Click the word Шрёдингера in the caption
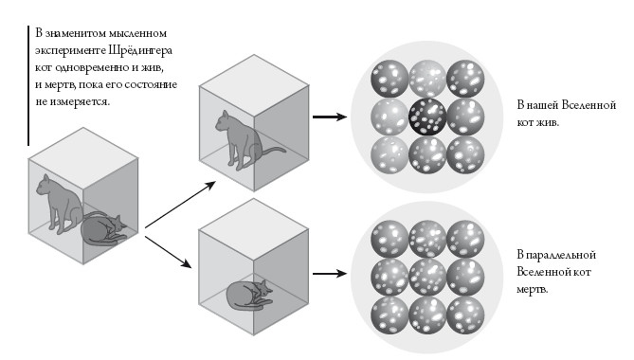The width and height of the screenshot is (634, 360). tap(140, 51)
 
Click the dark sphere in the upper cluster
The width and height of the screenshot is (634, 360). tap(427, 117)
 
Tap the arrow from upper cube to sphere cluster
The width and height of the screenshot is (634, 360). tap(330, 117)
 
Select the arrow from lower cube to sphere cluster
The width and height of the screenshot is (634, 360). tap(330, 274)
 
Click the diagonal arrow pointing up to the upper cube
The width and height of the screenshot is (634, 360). tap(180, 205)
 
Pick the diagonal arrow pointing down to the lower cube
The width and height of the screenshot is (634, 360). tap(168, 252)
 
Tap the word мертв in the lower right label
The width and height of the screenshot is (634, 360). tap(532, 290)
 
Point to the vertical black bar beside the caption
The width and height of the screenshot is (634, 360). tap(28, 85)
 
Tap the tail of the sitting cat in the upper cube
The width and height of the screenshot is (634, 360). tap(274, 152)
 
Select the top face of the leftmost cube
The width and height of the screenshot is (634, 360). tap(83, 158)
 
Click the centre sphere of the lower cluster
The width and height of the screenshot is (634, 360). tap(427, 278)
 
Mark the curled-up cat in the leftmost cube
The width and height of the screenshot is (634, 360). tap(104, 230)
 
